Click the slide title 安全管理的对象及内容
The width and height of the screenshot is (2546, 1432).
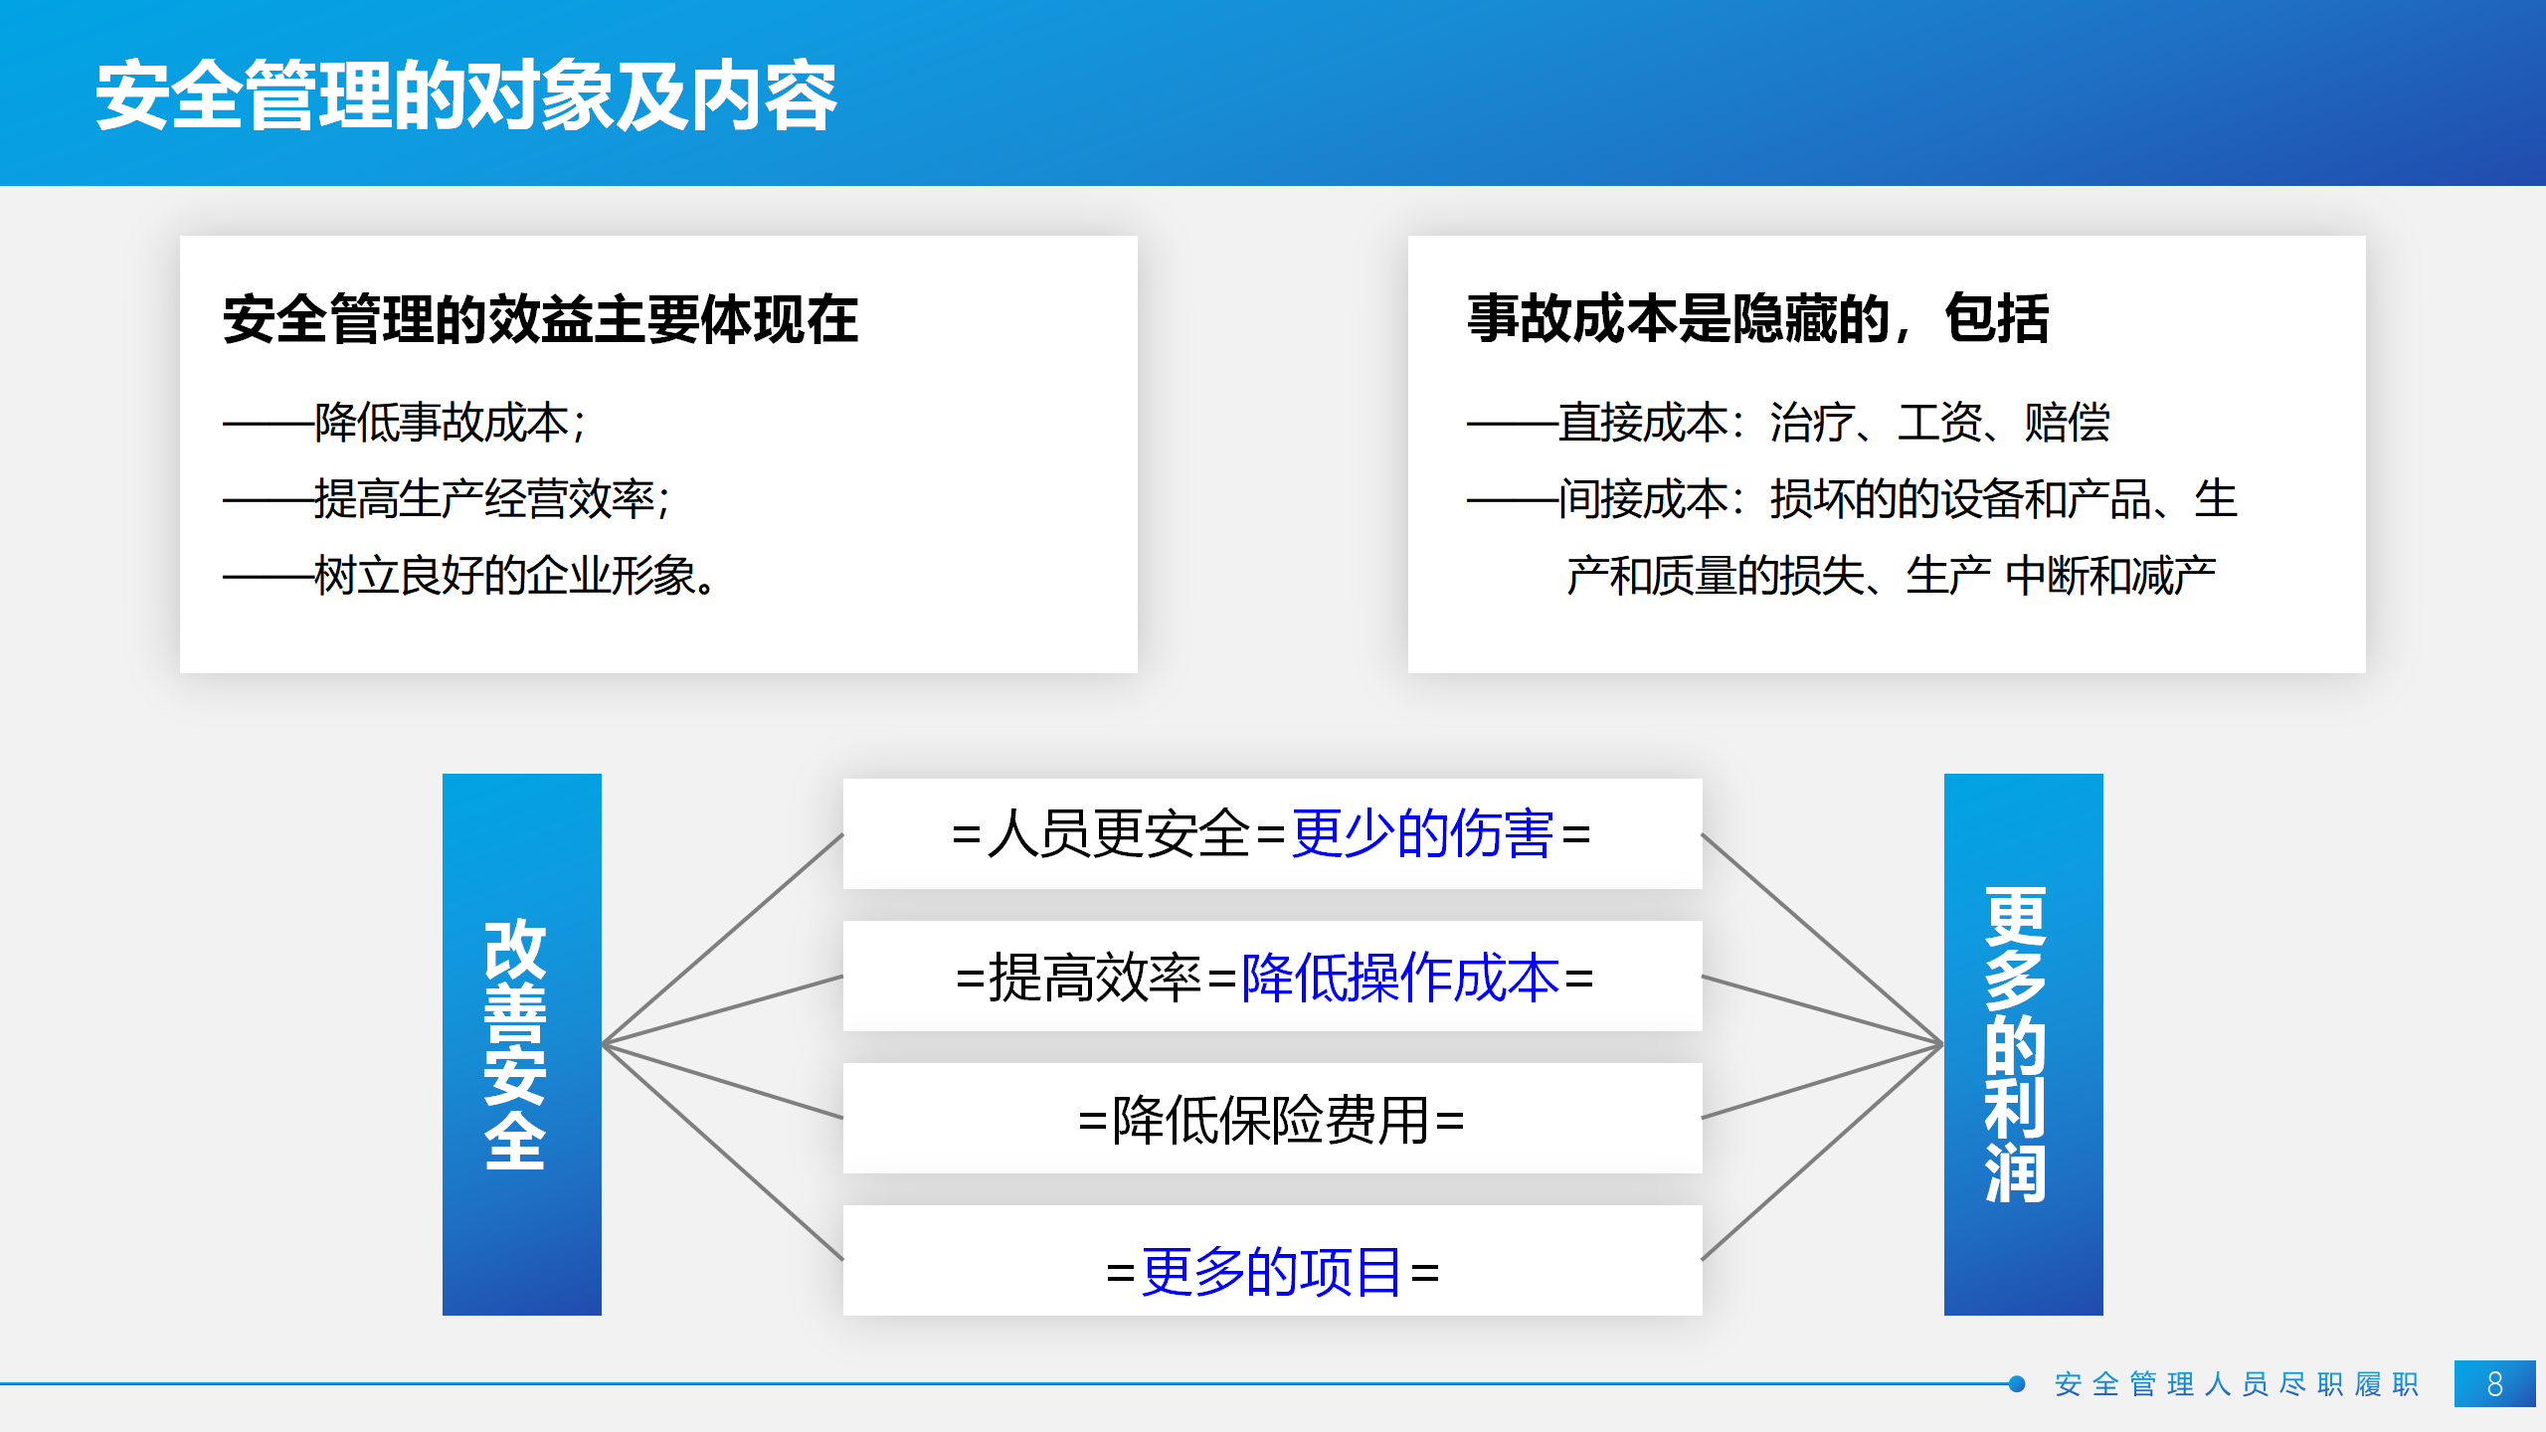[466, 95]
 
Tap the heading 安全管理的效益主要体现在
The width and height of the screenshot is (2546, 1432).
[540, 319]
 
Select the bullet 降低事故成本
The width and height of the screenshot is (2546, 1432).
[442, 423]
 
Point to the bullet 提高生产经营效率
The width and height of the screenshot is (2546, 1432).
[484, 498]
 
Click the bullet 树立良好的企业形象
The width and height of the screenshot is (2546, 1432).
[505, 575]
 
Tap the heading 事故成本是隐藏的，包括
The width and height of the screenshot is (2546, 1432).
[1757, 319]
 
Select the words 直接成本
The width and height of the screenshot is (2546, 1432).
[1643, 423]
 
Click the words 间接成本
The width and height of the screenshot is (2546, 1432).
[1643, 498]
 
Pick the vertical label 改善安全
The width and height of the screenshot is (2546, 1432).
[515, 1044]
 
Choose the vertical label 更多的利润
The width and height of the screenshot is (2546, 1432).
[2015, 1044]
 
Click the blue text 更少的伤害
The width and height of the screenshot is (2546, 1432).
[1422, 833]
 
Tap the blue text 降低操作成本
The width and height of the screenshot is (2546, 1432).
[1400, 977]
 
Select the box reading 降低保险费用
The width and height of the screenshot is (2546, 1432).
[1273, 1118]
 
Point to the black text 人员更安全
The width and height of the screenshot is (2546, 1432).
[1119, 833]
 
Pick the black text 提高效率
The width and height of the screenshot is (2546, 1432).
[1095, 977]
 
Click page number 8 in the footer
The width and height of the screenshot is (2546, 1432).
[2495, 1383]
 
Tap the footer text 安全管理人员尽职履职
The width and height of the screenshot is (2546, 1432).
[2237, 1384]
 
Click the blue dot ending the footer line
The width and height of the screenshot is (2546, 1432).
[2017, 1383]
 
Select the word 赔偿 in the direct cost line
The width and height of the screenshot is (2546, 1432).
[2067, 423]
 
